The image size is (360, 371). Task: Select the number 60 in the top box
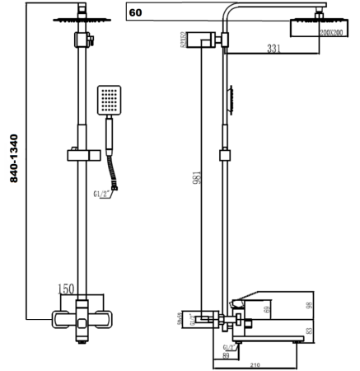tap(135, 12)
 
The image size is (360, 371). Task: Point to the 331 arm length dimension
tap(274, 48)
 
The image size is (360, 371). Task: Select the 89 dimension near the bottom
tap(226, 356)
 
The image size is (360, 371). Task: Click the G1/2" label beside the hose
tap(102, 194)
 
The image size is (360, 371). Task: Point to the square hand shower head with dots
tap(110, 100)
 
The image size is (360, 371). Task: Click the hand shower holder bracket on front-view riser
tap(82, 153)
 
